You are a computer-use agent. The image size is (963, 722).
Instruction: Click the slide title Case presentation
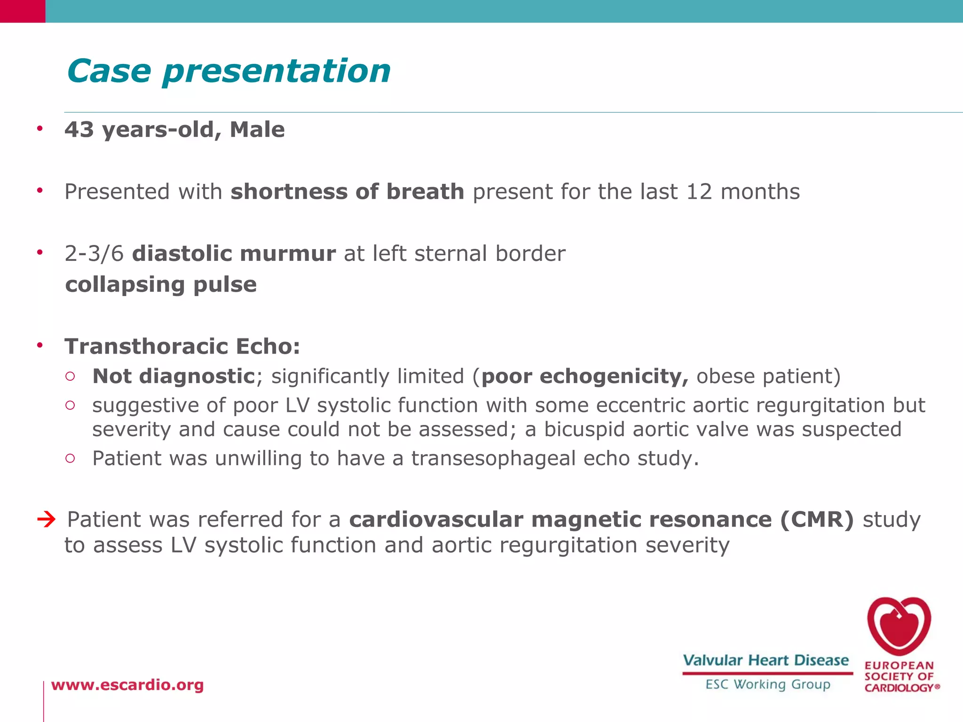(229, 71)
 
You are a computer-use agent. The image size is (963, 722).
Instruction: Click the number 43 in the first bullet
(79, 130)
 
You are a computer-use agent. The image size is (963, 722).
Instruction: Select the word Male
(257, 130)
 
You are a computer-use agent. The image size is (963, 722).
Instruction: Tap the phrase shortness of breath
(347, 192)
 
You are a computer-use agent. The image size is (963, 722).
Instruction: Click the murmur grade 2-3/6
(94, 254)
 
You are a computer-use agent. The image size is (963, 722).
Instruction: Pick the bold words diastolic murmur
(234, 254)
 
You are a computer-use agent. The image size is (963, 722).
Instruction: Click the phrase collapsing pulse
(161, 285)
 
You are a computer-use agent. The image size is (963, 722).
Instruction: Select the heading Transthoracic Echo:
(182, 346)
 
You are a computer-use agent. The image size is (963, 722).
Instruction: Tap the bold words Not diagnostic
(174, 377)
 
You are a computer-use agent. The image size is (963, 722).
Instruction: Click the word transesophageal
(493, 459)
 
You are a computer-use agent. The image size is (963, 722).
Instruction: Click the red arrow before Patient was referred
(47, 520)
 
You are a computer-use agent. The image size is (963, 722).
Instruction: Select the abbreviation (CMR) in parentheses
(817, 520)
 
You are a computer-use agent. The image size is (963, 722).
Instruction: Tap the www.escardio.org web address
(127, 685)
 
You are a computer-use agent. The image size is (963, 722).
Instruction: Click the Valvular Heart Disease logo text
(766, 660)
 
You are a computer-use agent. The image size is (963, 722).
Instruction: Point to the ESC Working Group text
(767, 684)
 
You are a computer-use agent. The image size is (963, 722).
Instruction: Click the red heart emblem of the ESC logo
(899, 626)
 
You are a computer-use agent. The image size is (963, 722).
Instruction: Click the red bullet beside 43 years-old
(40, 128)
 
